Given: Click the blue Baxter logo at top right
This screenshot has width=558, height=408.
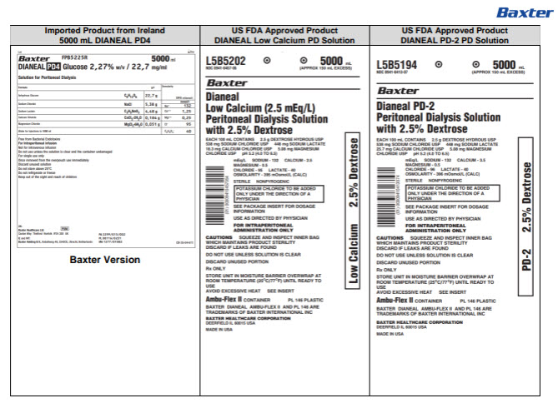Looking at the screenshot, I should click(x=523, y=12).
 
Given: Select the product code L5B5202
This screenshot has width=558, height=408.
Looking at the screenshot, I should click(x=225, y=62).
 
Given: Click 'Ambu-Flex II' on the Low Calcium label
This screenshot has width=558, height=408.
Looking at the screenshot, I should click(x=231, y=297).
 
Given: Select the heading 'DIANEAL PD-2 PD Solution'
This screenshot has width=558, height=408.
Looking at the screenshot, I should click(x=454, y=40).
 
